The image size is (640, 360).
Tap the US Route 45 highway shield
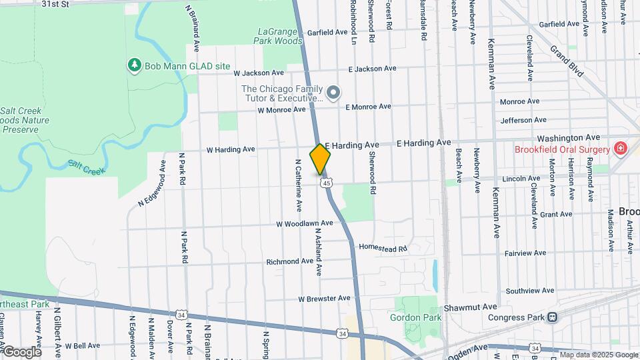[325, 183]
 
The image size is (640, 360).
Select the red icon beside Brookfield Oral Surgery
[620, 148]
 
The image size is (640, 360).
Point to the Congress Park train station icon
[551, 317]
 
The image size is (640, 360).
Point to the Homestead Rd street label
[383, 248]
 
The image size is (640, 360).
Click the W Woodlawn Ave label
[305, 223]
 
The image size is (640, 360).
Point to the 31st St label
[55, 4]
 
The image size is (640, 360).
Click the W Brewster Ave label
[324, 298]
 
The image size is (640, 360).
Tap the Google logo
[22, 351]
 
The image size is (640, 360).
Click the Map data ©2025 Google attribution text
[598, 355]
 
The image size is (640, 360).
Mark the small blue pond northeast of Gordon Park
[435, 275]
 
